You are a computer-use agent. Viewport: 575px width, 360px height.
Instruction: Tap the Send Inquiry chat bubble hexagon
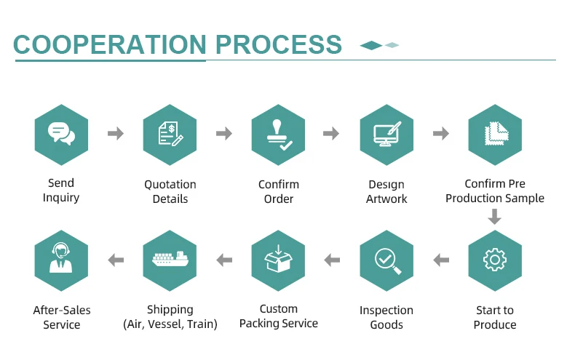coord(61,135)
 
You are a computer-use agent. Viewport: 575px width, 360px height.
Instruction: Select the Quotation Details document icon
coord(170,135)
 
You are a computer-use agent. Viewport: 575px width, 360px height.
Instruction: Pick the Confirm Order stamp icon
coord(278,135)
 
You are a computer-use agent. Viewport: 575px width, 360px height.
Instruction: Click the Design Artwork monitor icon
coord(386,135)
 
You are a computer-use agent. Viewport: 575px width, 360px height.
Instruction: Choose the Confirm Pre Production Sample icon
coord(495,135)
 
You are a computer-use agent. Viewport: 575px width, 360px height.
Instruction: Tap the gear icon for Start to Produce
coord(495,260)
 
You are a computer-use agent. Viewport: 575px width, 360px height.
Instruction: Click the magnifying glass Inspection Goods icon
coord(386,260)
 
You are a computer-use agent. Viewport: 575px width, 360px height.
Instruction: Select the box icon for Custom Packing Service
coord(278,260)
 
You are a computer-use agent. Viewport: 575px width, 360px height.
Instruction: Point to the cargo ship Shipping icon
coord(170,260)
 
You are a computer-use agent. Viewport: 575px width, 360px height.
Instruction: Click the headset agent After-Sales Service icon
coord(61,260)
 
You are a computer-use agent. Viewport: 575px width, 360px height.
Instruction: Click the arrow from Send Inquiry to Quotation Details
coord(116,134)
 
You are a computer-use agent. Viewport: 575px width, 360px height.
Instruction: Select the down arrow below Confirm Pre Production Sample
coord(495,217)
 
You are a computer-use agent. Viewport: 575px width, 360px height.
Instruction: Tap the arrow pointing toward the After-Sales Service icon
coord(116,260)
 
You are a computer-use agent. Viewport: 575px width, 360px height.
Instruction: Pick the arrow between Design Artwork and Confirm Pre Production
coord(440,134)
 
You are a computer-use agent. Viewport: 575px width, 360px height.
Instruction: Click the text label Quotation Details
coord(170,191)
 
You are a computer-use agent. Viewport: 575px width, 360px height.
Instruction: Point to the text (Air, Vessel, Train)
coord(170,324)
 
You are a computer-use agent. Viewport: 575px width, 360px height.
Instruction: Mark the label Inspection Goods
coord(386,317)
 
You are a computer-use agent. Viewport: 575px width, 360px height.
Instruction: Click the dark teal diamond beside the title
coord(371,45)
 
